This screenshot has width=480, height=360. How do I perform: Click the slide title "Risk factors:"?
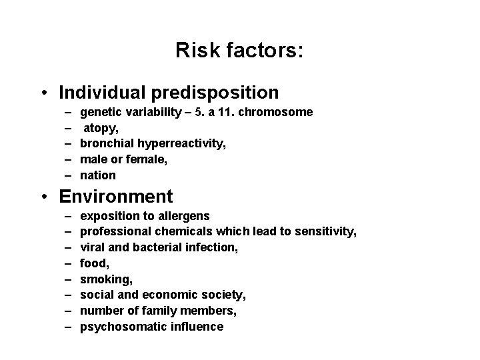[x=239, y=51]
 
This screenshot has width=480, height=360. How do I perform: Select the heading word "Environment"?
[x=116, y=196]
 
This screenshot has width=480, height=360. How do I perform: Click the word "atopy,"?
[x=101, y=128]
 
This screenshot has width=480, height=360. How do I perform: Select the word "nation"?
[x=98, y=175]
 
